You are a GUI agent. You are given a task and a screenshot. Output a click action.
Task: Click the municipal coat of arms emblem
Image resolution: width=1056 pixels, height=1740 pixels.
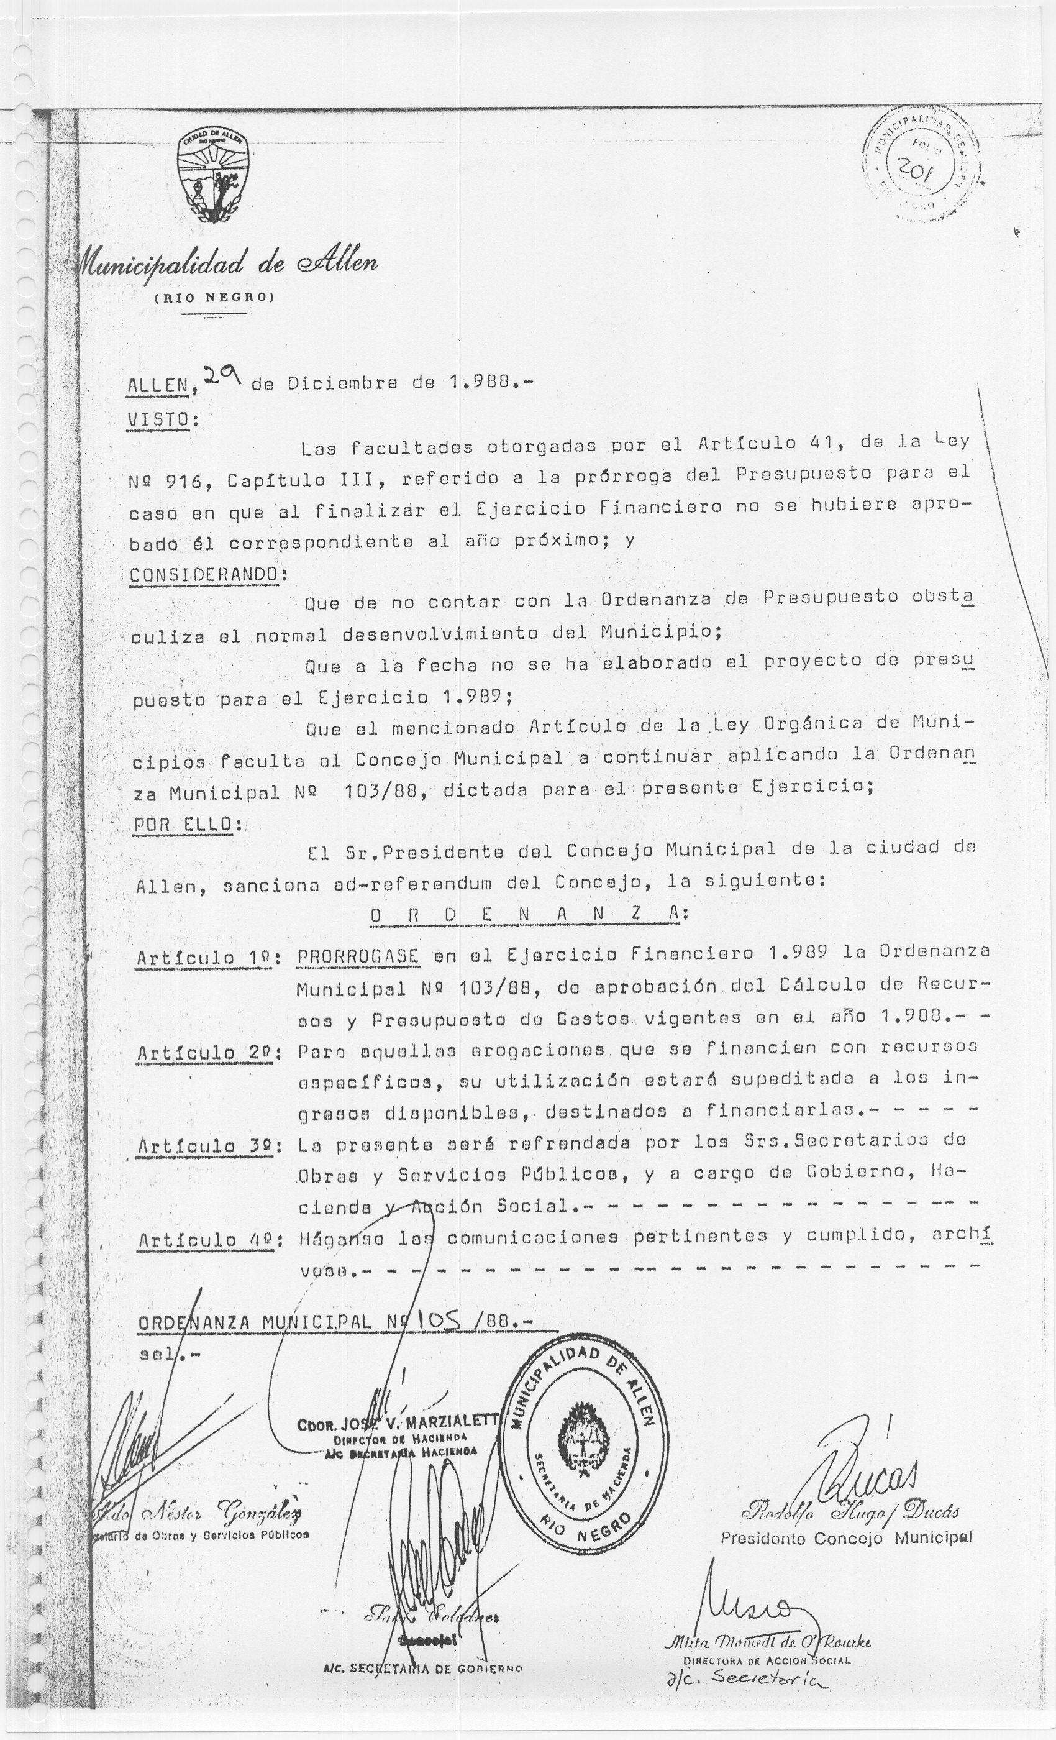[216, 177]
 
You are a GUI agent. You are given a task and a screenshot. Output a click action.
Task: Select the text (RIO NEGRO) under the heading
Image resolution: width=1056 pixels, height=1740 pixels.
[212, 297]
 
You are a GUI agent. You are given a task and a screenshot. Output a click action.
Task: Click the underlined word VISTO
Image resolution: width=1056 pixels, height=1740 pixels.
[159, 419]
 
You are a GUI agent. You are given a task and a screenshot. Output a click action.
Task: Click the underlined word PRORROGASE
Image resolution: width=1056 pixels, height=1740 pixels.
[358, 956]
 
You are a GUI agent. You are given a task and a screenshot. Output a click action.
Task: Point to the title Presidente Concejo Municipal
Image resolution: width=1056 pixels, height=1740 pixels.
[845, 1537]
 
